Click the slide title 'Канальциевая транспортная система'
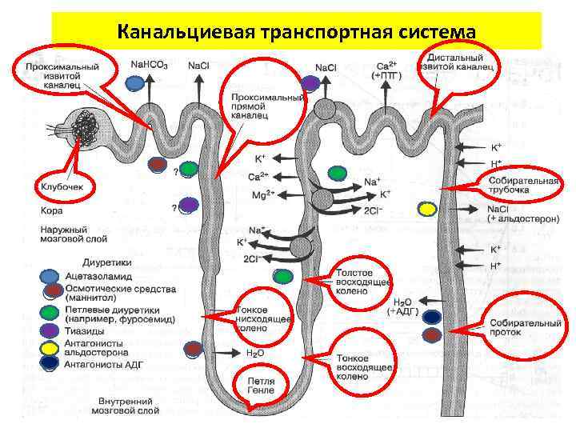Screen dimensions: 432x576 pyautogui.click(x=296, y=31)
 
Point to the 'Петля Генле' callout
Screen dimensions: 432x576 pyautogui.click(x=261, y=386)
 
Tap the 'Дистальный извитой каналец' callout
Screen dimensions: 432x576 pyautogui.click(x=460, y=60)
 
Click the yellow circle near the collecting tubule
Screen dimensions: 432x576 pyautogui.click(x=427, y=210)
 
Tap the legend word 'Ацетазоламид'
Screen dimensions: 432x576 pyautogui.click(x=100, y=276)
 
